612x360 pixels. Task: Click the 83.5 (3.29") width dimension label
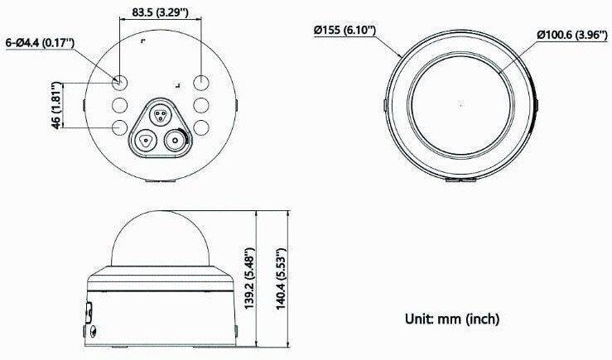160,13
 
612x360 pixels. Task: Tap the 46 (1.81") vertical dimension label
55,105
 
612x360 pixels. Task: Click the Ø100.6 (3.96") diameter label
572,35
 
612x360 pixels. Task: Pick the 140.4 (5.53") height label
281,279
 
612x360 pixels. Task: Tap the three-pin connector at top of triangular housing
160,113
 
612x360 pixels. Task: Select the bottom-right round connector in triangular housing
175,140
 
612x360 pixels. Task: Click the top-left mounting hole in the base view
120,82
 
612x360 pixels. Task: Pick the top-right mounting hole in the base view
201,82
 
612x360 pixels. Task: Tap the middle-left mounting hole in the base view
120,105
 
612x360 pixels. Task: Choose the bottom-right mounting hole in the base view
201,128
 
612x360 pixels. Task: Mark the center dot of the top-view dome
461,106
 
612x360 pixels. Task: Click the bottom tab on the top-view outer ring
460,178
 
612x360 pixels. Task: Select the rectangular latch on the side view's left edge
88,313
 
